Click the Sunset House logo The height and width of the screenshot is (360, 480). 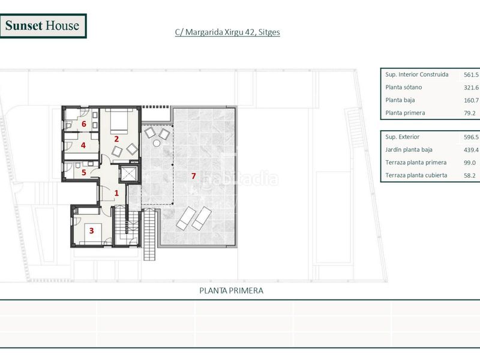coord(43,26)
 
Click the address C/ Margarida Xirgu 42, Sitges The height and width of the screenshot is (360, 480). coord(227,32)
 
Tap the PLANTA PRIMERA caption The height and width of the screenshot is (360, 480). coord(231,290)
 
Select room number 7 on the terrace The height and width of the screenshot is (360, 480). coord(193,176)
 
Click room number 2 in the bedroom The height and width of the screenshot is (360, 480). coord(116,139)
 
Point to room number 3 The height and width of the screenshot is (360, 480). coord(91,230)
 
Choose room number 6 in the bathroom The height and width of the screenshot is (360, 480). coord(83,124)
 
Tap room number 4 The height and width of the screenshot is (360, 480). coord(83,145)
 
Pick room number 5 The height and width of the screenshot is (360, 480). coord(83,173)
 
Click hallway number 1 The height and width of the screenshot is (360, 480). coord(116,193)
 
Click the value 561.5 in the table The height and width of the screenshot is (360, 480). coord(471,74)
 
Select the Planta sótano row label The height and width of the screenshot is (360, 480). coord(403,88)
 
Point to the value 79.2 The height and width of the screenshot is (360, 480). coord(470,113)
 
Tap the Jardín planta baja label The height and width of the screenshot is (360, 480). coord(409,150)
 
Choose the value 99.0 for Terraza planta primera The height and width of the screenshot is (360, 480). coord(470,163)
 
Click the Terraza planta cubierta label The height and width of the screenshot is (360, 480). coord(416,175)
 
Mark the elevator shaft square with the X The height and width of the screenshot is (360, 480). coord(129,174)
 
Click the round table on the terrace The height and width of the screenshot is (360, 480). coord(157,143)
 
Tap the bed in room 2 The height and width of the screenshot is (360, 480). coord(119,121)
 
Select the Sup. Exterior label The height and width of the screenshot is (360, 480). coord(402,137)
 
